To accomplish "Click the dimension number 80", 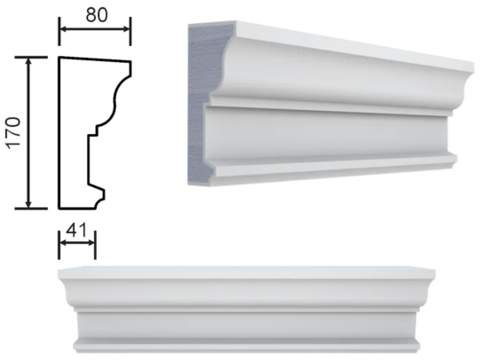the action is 97,15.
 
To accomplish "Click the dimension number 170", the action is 14,133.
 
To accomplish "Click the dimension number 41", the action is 76,231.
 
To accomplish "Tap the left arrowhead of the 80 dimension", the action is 63,29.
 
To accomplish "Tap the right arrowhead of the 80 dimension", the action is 127,29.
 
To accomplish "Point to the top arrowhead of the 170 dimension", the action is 29,61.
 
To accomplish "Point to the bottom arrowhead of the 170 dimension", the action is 29,204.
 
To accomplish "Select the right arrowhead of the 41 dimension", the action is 91,243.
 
